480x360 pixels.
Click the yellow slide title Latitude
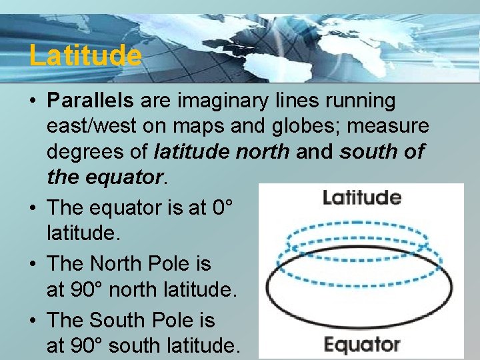(x=85, y=55)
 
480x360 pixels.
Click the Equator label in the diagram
(x=362, y=345)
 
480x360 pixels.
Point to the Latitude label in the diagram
(x=362, y=197)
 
